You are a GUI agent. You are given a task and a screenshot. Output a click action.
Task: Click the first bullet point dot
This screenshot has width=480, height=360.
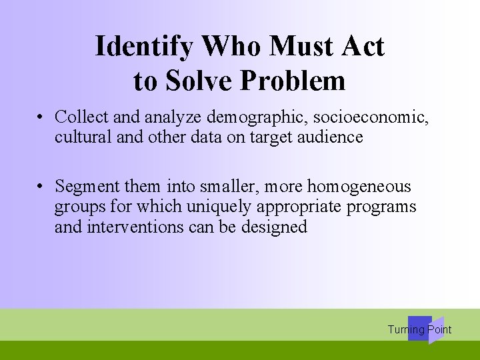pos(41,117)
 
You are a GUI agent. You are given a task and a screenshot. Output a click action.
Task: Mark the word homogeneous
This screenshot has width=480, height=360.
pos(359,186)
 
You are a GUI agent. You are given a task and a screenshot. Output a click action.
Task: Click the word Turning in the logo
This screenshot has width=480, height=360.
pos(406,329)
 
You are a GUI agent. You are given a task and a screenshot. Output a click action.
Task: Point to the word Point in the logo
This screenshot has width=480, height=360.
pos(440,329)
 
